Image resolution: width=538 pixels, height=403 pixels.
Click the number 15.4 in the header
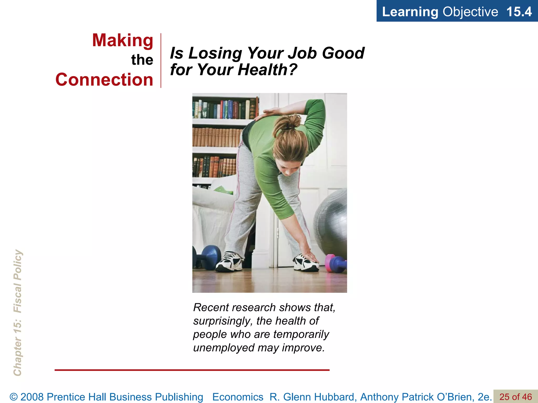519,12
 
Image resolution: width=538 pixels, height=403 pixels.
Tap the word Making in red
123,41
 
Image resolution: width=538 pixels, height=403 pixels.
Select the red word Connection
104,80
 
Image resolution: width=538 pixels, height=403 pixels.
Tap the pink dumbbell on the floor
330,263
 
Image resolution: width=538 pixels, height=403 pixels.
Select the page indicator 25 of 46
515,397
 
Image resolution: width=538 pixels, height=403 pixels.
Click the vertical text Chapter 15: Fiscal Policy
18,312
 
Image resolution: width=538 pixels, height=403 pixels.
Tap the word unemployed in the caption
223,348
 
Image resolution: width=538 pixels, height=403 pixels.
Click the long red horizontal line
192,370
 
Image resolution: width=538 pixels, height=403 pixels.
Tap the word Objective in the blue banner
470,12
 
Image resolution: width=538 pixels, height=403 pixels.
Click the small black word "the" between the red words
142,60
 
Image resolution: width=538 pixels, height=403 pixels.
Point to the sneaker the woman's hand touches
306,262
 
